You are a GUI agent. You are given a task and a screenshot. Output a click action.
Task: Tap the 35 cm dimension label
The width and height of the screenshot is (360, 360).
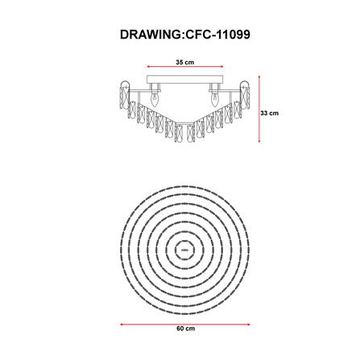tap(185, 62)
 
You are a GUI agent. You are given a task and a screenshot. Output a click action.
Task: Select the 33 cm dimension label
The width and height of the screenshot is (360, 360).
tap(270, 114)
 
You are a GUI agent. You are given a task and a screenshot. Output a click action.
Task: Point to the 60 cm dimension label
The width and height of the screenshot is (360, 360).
tap(186, 329)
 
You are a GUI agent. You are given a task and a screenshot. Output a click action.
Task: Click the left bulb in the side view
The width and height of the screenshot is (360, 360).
tap(155, 100)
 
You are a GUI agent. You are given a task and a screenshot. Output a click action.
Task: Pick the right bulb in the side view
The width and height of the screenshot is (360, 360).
tap(214, 100)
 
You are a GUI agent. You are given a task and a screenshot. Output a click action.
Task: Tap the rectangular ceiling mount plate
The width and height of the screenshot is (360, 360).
tap(185, 80)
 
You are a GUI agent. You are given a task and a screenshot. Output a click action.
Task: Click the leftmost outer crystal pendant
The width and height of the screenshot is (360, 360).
tap(124, 95)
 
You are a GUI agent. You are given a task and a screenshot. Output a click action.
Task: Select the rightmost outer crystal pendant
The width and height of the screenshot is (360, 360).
tap(245, 95)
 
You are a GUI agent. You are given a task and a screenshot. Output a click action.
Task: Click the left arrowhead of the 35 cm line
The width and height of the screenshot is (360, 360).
tap(148, 67)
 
